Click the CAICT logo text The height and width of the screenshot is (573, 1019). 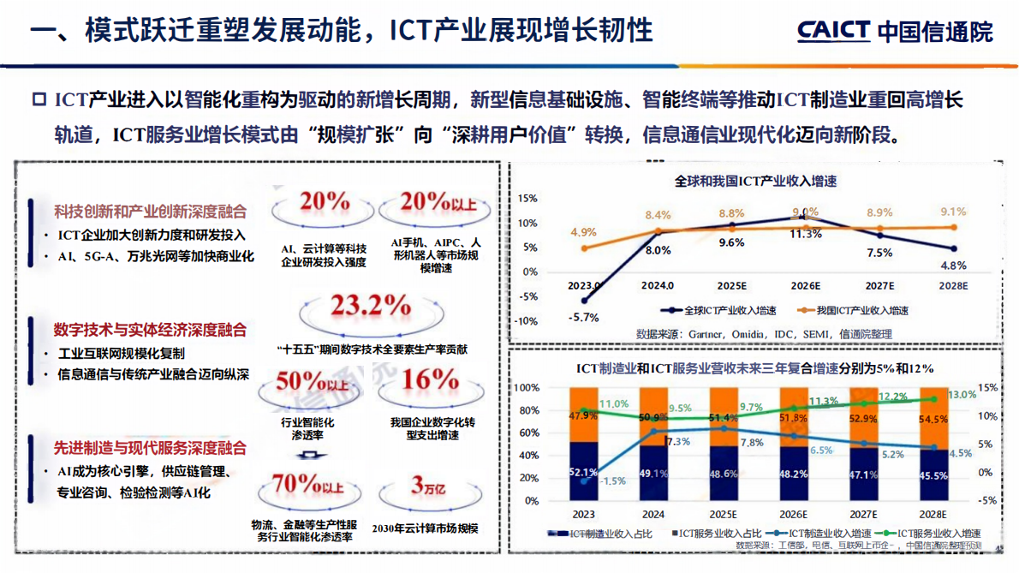[x=833, y=31]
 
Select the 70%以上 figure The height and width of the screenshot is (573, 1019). [x=307, y=486]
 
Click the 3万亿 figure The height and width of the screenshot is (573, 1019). [x=428, y=486]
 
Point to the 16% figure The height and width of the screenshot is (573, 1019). [x=431, y=379]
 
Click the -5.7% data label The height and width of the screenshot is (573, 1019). [x=582, y=317]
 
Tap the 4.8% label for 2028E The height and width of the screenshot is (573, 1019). [x=953, y=265]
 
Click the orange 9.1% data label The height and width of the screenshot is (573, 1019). [x=953, y=212]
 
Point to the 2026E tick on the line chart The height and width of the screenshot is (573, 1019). [x=805, y=285]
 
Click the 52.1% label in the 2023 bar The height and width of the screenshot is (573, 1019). [x=583, y=472]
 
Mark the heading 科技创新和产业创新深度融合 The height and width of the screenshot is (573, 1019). [x=150, y=212]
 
